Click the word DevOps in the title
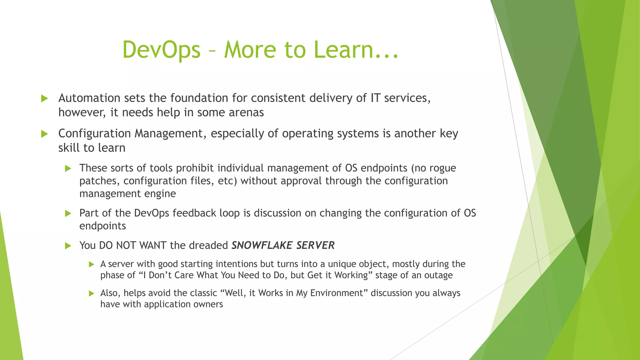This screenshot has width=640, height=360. (161, 50)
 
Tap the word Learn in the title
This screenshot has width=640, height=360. (343, 50)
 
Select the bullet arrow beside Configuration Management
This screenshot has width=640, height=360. (45, 134)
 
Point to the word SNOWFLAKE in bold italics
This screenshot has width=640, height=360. (262, 245)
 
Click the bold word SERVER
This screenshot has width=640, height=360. (315, 245)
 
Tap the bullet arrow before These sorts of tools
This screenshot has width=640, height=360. (68, 169)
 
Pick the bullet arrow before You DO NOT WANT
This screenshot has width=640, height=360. (68, 246)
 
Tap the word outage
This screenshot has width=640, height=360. (439, 275)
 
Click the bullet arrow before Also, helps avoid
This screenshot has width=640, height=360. (91, 293)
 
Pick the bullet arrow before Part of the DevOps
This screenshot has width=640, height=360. (68, 214)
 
